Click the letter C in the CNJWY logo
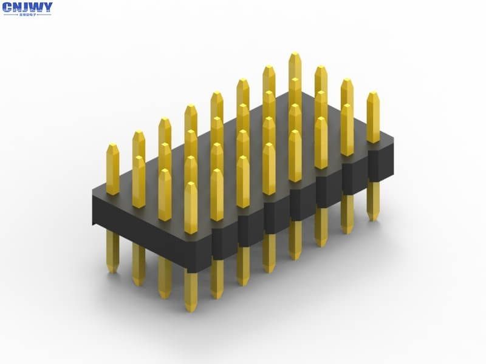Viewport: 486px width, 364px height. coord(8,8)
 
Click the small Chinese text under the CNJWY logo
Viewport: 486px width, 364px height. coord(27,15)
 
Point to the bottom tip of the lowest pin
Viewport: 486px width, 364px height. coord(191,310)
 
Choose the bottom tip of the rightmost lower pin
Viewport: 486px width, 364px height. coord(373,219)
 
